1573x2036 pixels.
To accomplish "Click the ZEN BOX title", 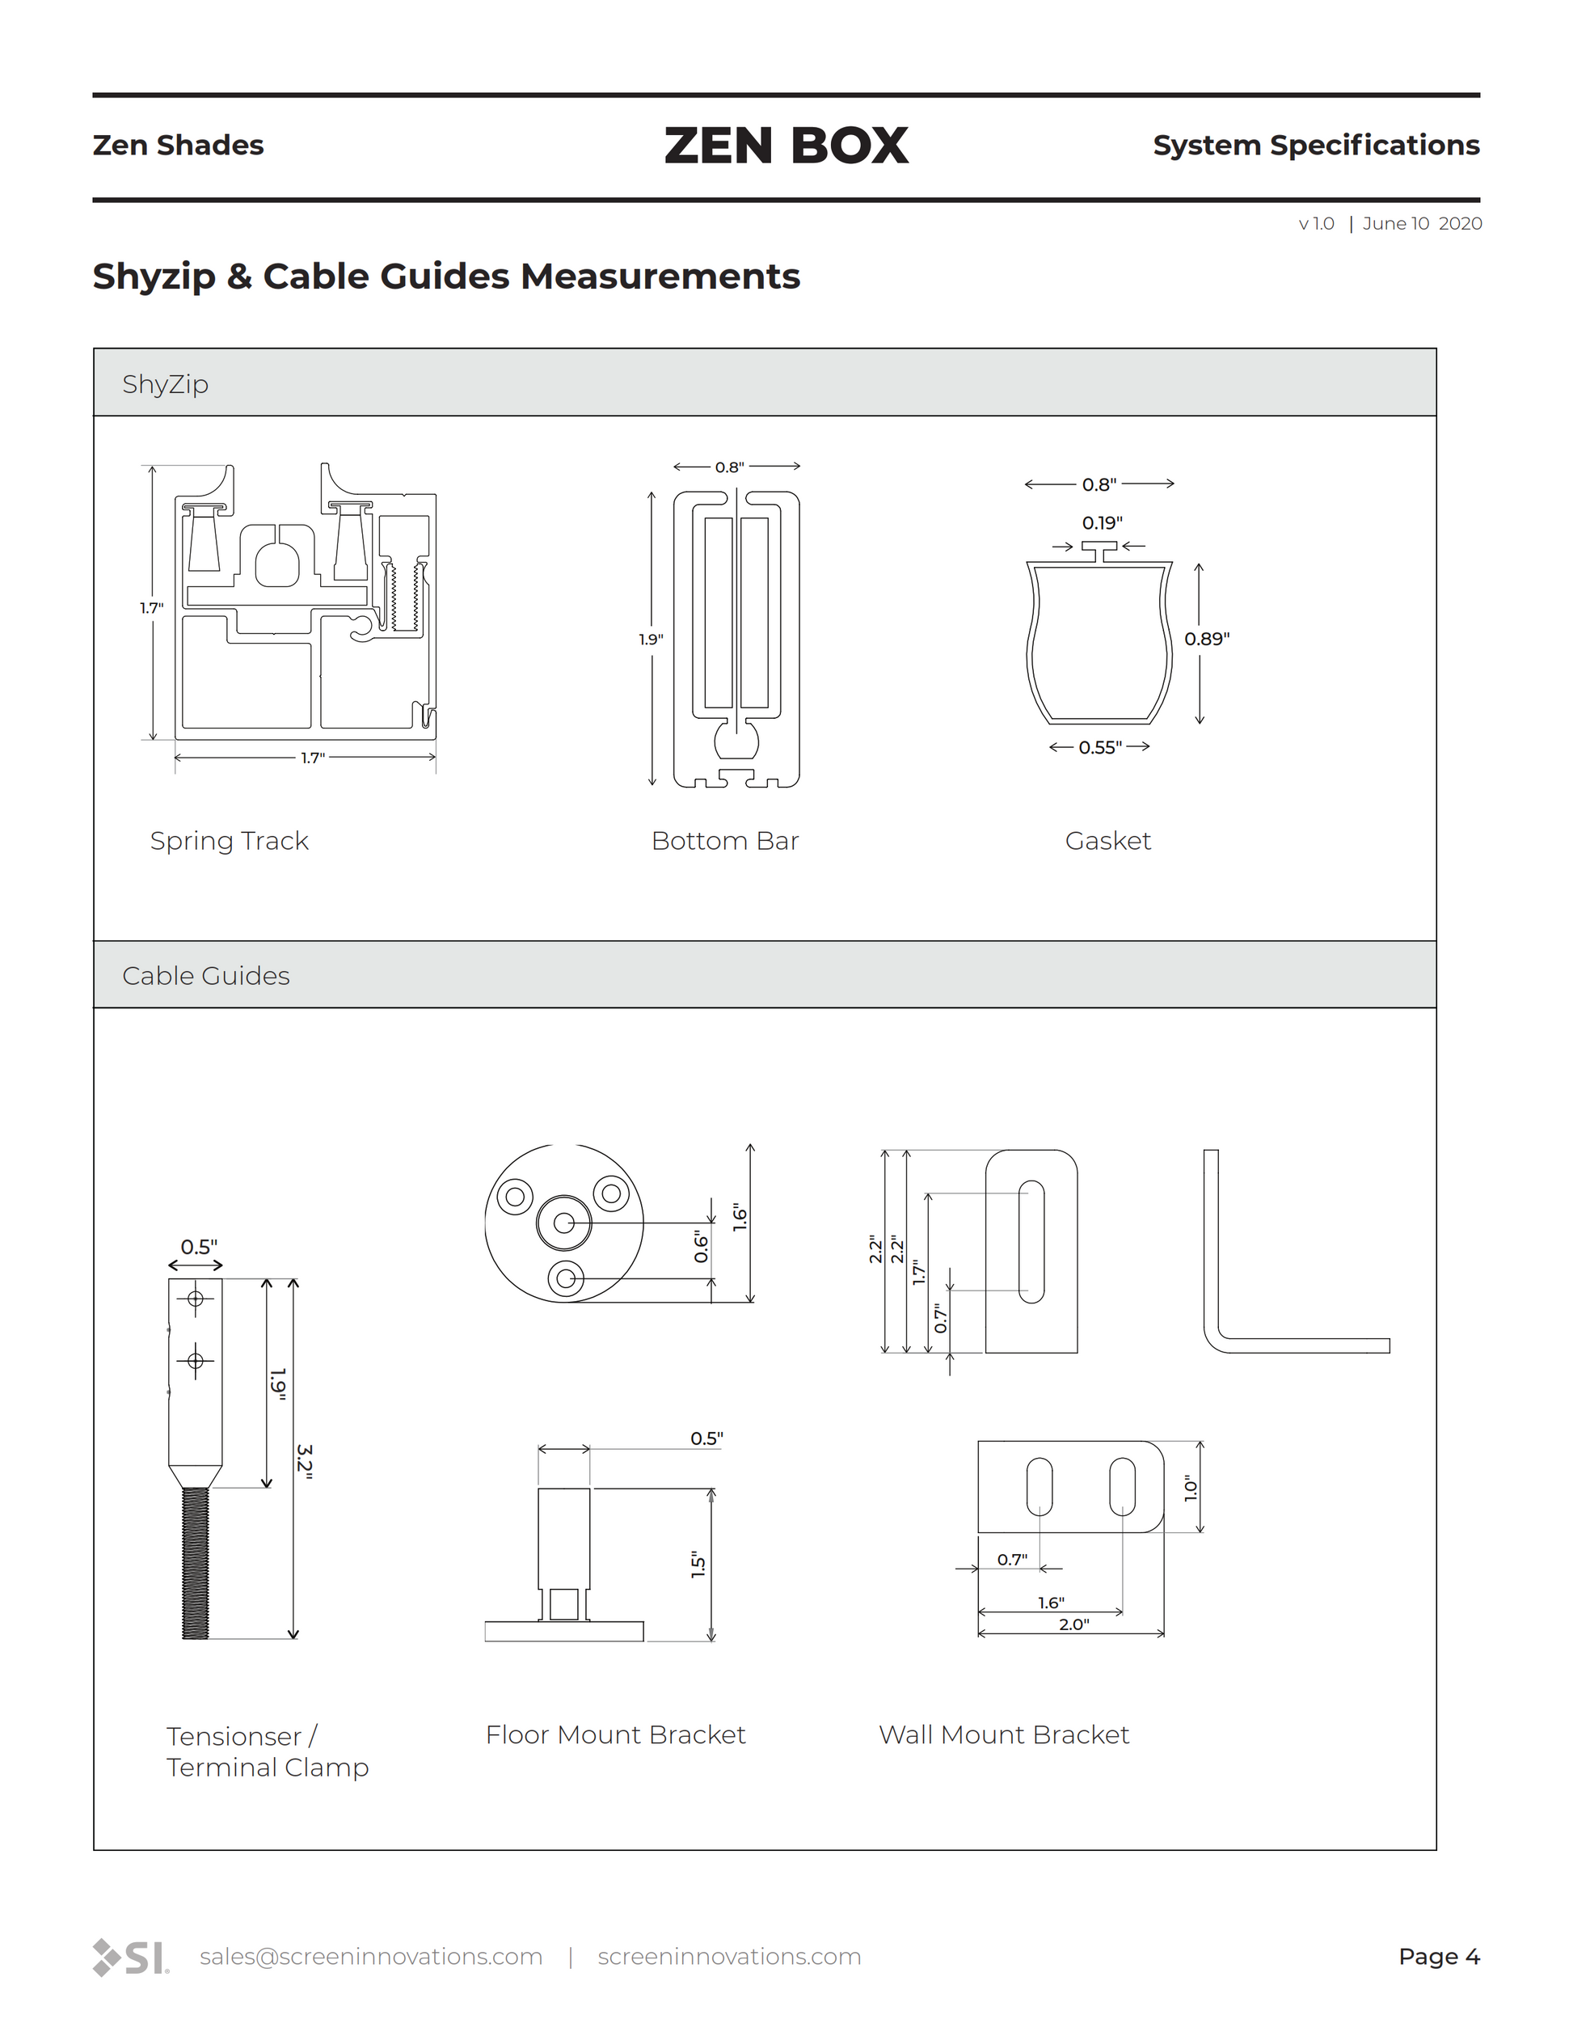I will [x=786, y=146].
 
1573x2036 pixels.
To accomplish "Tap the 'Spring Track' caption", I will [x=230, y=841].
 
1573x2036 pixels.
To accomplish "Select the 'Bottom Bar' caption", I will [x=725, y=841].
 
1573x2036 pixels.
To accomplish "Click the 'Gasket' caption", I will [x=1108, y=841].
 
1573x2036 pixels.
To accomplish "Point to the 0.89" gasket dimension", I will [x=1207, y=640].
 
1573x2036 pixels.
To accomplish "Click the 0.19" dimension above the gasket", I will [x=1102, y=523].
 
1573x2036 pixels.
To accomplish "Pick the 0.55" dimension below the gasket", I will [x=1099, y=748].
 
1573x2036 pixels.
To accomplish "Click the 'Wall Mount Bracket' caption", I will [x=1004, y=1735].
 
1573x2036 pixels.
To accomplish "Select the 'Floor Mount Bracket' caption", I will [x=615, y=1735].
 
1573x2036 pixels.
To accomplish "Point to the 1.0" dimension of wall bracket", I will [x=1190, y=1488].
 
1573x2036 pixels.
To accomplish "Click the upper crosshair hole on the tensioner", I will [x=196, y=1299].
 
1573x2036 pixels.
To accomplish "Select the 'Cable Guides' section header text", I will [x=206, y=976].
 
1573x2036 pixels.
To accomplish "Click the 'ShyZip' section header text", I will [x=165, y=384].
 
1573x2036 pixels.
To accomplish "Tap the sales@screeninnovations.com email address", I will [x=371, y=1957].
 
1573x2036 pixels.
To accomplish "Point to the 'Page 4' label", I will [x=1439, y=1957].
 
